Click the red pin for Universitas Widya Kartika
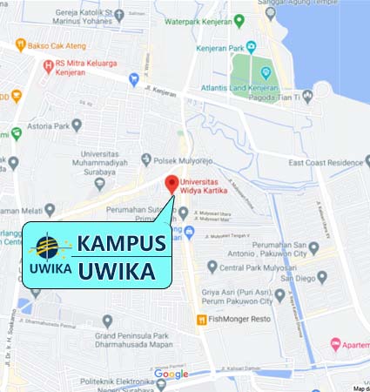(172, 184)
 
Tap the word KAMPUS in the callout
(121, 243)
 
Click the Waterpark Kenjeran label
(228, 21)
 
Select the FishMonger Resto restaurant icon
(202, 320)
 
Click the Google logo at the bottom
(171, 375)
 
